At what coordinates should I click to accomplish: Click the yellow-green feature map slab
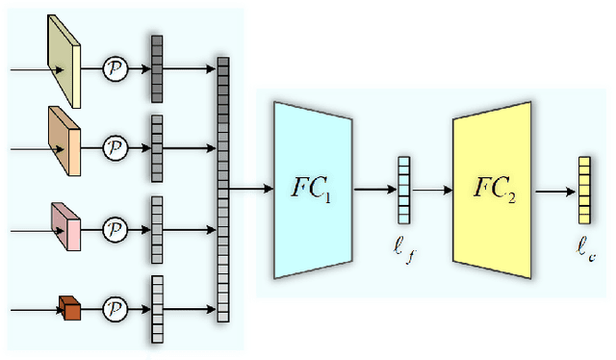point(63,64)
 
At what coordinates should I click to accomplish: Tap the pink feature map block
point(65,226)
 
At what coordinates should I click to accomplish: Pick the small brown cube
point(69,307)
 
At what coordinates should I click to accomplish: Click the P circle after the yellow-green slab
point(115,69)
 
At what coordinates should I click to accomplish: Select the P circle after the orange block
point(115,149)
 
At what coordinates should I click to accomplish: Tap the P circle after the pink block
point(115,229)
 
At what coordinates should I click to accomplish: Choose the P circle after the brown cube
point(115,310)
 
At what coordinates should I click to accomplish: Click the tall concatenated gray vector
point(223,189)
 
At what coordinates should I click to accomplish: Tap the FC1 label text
point(312,189)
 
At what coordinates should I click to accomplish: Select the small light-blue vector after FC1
point(404,190)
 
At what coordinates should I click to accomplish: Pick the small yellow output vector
point(583,189)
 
